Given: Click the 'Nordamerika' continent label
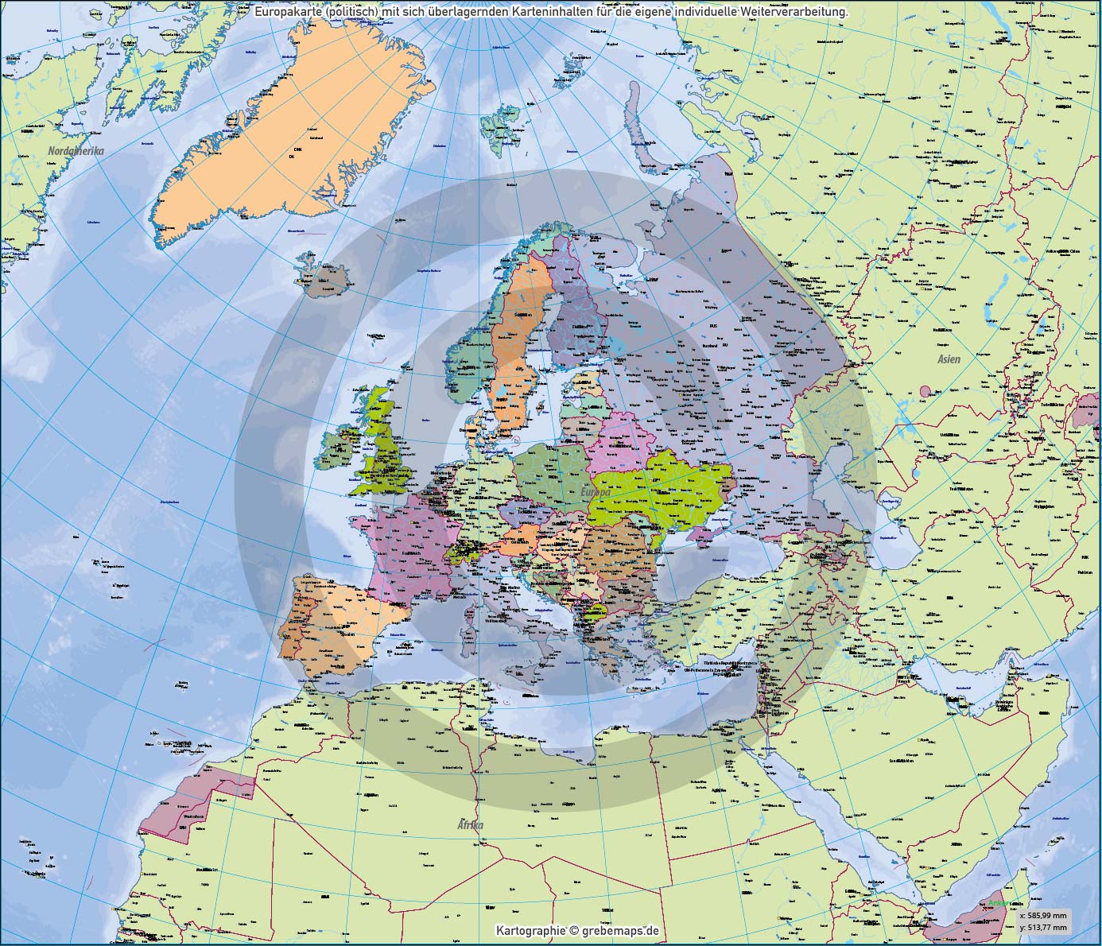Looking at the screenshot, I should [76, 150].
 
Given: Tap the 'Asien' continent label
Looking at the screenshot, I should [949, 359].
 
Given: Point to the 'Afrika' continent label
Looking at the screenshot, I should [470, 825].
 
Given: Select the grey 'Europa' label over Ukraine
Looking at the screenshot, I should [596, 493].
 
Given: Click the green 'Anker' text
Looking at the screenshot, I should [999, 903].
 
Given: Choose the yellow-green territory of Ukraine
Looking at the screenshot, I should [660, 485].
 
